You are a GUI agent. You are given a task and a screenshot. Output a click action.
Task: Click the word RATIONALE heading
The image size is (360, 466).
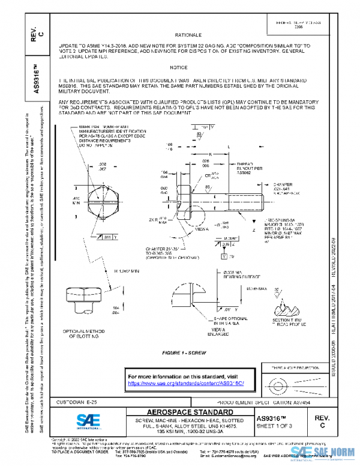(x=188, y=36)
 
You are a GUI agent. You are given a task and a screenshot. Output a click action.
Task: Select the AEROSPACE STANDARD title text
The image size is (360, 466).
(x=182, y=412)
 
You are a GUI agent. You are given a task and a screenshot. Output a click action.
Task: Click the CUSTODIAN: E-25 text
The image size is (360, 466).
(x=80, y=400)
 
